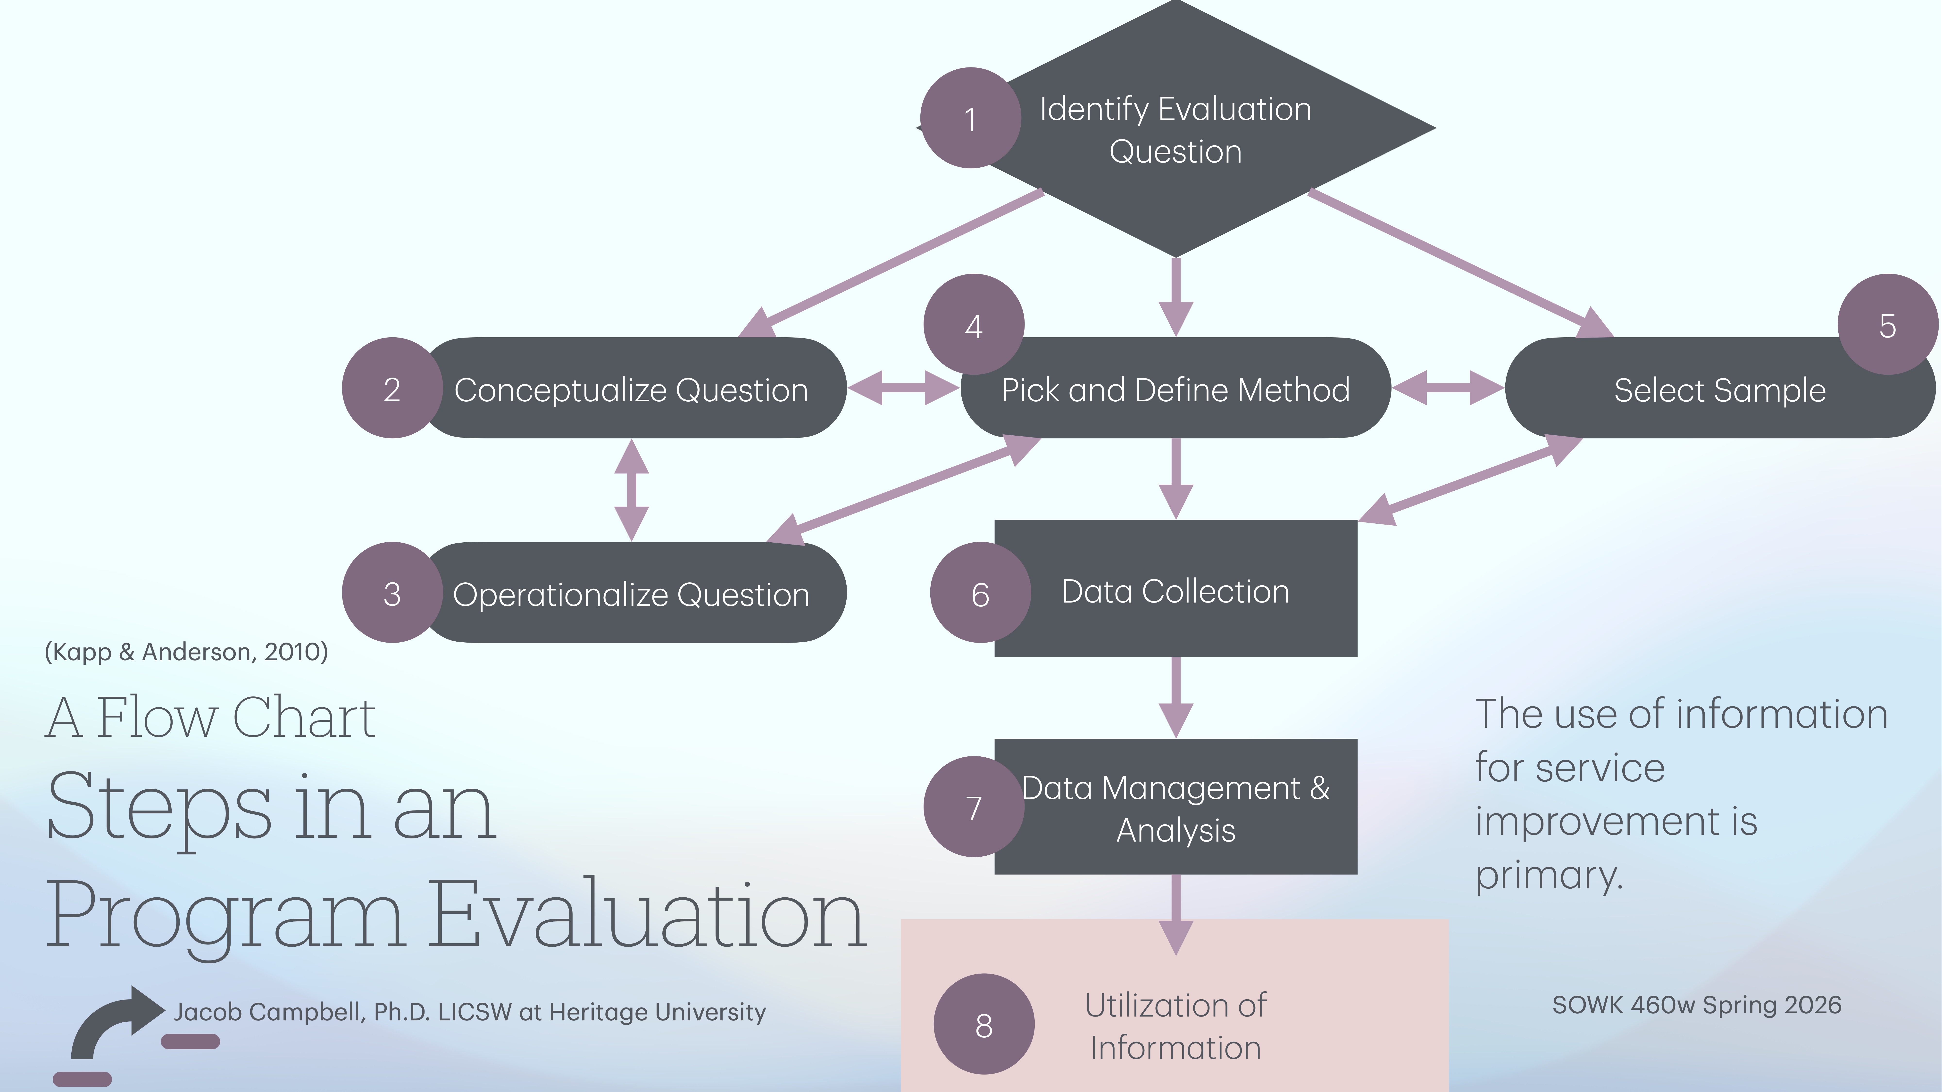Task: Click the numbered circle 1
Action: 970,118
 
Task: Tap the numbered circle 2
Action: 392,388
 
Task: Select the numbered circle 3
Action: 392,593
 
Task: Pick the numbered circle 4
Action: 973,325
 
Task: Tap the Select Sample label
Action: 1720,390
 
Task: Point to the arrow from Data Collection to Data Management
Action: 1175,697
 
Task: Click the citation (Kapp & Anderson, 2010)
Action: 186,651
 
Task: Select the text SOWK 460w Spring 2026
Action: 1696,1005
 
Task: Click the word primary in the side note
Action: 1549,875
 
